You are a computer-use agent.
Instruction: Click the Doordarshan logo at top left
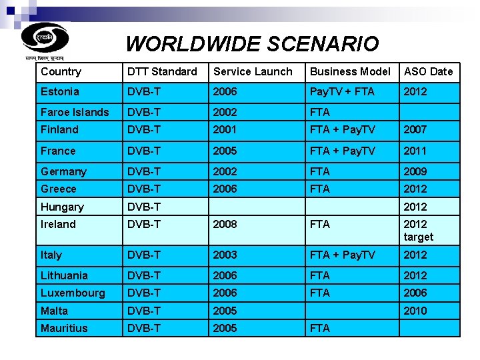click(45, 38)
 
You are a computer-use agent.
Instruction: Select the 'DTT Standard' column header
click(162, 71)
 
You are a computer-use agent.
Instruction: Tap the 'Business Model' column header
click(350, 71)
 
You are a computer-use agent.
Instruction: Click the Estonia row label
click(60, 91)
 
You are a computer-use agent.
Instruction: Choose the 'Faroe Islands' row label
click(74, 112)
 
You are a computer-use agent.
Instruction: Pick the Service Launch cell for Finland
click(225, 129)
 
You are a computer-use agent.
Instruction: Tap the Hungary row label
click(62, 207)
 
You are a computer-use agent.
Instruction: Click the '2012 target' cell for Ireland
click(418, 230)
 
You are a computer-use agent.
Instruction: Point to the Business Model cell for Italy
click(342, 255)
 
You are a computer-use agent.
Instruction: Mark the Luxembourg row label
click(73, 293)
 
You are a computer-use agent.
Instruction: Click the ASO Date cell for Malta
click(415, 311)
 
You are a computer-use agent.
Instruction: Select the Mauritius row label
click(64, 328)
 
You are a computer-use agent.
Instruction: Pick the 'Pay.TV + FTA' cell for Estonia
click(342, 91)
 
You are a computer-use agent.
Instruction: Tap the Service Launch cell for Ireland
click(225, 224)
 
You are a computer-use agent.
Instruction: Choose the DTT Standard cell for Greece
click(144, 189)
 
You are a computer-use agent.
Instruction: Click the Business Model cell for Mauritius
click(320, 328)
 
